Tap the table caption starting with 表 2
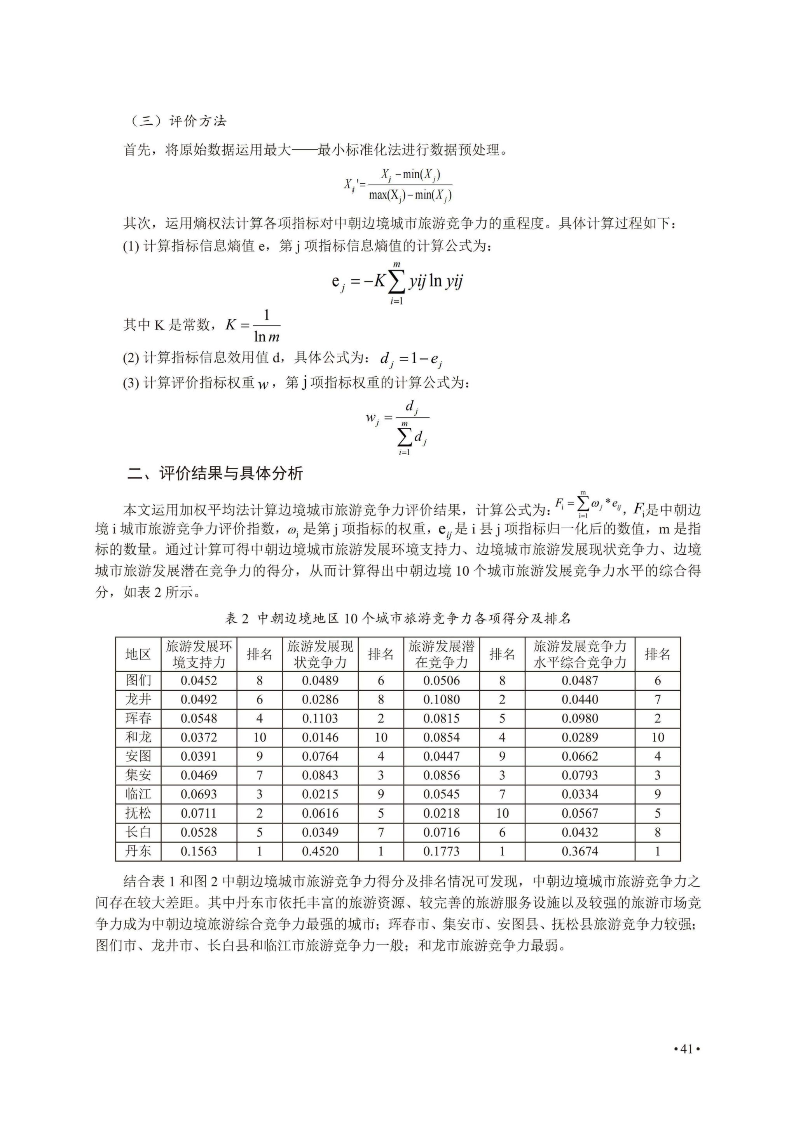(x=398, y=618)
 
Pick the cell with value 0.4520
(x=320, y=851)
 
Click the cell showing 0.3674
(x=580, y=851)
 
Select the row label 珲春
(x=138, y=718)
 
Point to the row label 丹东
(x=138, y=851)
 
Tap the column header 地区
(x=138, y=654)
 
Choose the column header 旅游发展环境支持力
(x=199, y=654)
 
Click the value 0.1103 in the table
(x=320, y=718)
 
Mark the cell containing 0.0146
(x=320, y=737)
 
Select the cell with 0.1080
(x=442, y=699)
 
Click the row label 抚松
(x=138, y=813)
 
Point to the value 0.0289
(x=580, y=737)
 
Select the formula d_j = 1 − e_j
(x=411, y=359)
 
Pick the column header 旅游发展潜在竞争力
(x=442, y=654)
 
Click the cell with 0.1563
(x=199, y=851)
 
